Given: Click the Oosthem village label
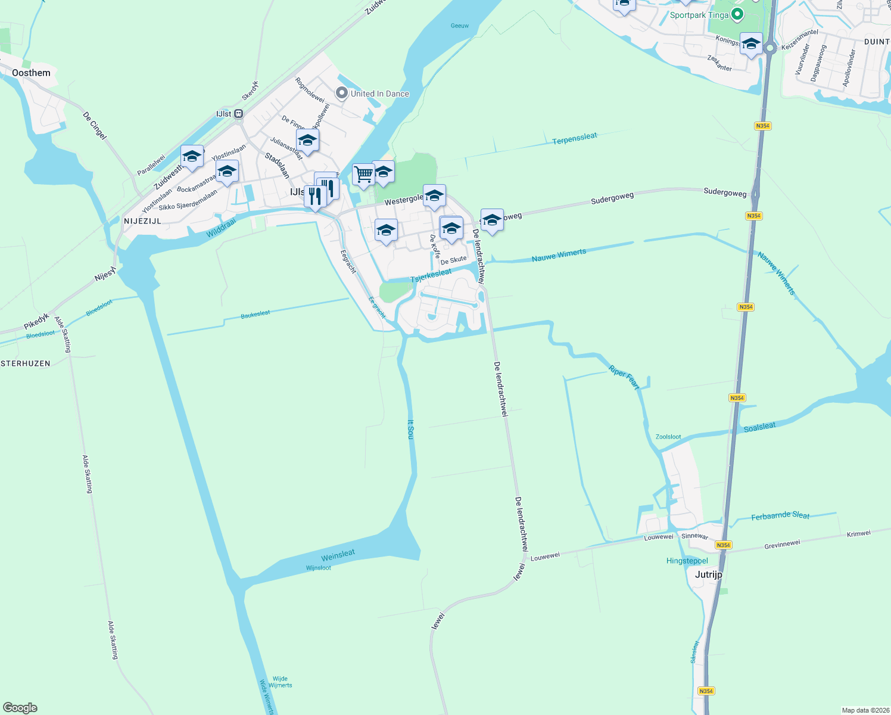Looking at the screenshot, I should (x=31, y=73).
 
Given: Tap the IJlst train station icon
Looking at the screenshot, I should (x=238, y=114).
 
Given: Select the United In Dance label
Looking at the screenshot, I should (x=379, y=94).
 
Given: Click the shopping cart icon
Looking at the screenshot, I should (x=363, y=175).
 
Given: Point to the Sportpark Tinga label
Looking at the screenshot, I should (x=699, y=15).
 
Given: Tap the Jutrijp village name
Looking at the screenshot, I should (x=708, y=574).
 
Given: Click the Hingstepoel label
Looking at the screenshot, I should (x=687, y=561).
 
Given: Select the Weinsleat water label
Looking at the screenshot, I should (x=338, y=555).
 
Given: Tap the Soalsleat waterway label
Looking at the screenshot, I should (x=759, y=427).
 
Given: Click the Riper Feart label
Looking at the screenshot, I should (x=624, y=378).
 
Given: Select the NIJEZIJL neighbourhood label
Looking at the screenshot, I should (x=142, y=220).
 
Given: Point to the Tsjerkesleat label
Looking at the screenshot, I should (x=431, y=275).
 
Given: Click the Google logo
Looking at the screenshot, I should (x=20, y=708).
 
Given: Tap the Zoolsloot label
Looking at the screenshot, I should (x=668, y=437).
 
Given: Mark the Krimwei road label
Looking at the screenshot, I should (x=858, y=534).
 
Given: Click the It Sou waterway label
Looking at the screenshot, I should (x=410, y=429).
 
